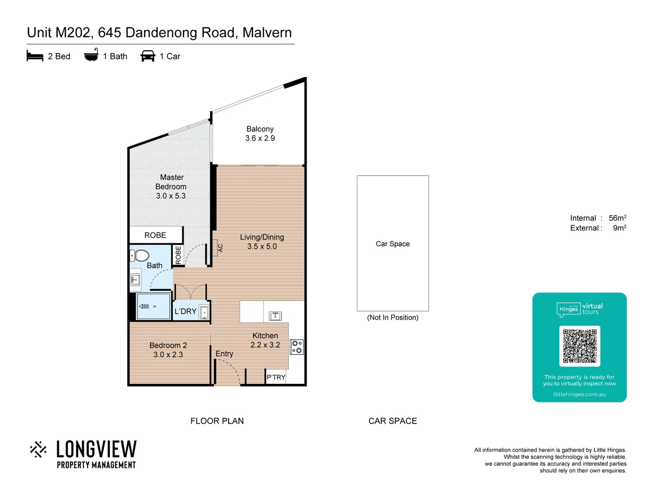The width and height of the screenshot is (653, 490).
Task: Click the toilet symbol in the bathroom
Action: pos(140,255)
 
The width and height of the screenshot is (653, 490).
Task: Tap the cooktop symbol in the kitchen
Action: pos(297,347)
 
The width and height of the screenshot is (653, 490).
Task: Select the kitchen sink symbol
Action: pos(275,316)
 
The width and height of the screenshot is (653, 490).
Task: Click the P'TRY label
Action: pos(276,377)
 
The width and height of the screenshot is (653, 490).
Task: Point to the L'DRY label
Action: pos(185,311)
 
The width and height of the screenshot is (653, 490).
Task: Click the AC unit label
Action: pos(220,248)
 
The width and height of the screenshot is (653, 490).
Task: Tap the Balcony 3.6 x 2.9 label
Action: pos(260,134)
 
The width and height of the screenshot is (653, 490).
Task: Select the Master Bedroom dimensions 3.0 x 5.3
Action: pos(171,196)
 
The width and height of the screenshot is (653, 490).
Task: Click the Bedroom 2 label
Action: pos(168,345)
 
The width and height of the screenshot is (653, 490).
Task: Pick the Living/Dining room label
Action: pos(262,237)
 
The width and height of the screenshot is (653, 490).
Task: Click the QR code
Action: pos(580,346)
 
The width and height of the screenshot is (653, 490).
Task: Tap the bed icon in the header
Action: pos(35,56)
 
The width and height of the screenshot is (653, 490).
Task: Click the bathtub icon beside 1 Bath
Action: pos(91,55)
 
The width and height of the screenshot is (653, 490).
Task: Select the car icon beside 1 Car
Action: pos(148,56)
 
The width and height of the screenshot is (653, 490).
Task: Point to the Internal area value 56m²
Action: pos(617,218)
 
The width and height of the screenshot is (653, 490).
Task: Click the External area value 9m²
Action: pos(619,228)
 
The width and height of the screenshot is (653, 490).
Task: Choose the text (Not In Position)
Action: pos(393,318)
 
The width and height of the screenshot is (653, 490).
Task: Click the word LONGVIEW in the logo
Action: pos(96,449)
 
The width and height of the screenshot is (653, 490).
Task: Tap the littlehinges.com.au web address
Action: pos(579,394)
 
